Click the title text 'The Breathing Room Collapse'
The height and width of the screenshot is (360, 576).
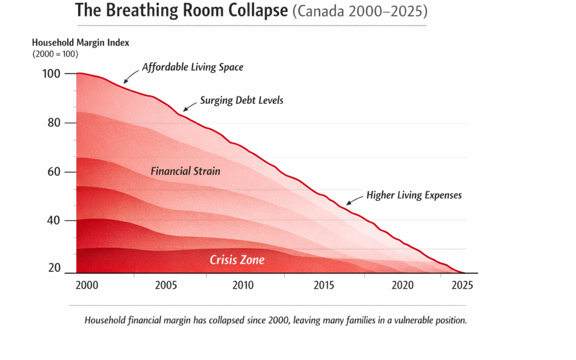181,11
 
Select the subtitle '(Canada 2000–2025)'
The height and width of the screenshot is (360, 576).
359,11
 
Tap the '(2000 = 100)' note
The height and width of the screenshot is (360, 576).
55,53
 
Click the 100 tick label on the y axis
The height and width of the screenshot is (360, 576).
51,74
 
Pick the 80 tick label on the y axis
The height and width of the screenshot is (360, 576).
54,123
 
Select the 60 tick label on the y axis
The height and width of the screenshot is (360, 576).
54,172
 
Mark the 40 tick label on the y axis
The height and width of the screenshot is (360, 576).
54,220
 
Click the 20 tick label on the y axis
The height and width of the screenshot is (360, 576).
54,268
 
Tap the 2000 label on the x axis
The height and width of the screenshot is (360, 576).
87,285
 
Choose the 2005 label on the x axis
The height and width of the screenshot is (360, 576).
166,285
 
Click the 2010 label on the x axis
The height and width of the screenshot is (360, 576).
243,285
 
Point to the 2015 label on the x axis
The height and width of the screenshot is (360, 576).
323,285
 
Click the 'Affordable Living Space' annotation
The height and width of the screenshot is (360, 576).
193,68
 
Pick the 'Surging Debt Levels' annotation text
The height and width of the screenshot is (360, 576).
241,100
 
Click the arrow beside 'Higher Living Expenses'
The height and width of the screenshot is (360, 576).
354,200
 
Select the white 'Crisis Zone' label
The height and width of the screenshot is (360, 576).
237,260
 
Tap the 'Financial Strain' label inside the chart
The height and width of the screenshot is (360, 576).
185,171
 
